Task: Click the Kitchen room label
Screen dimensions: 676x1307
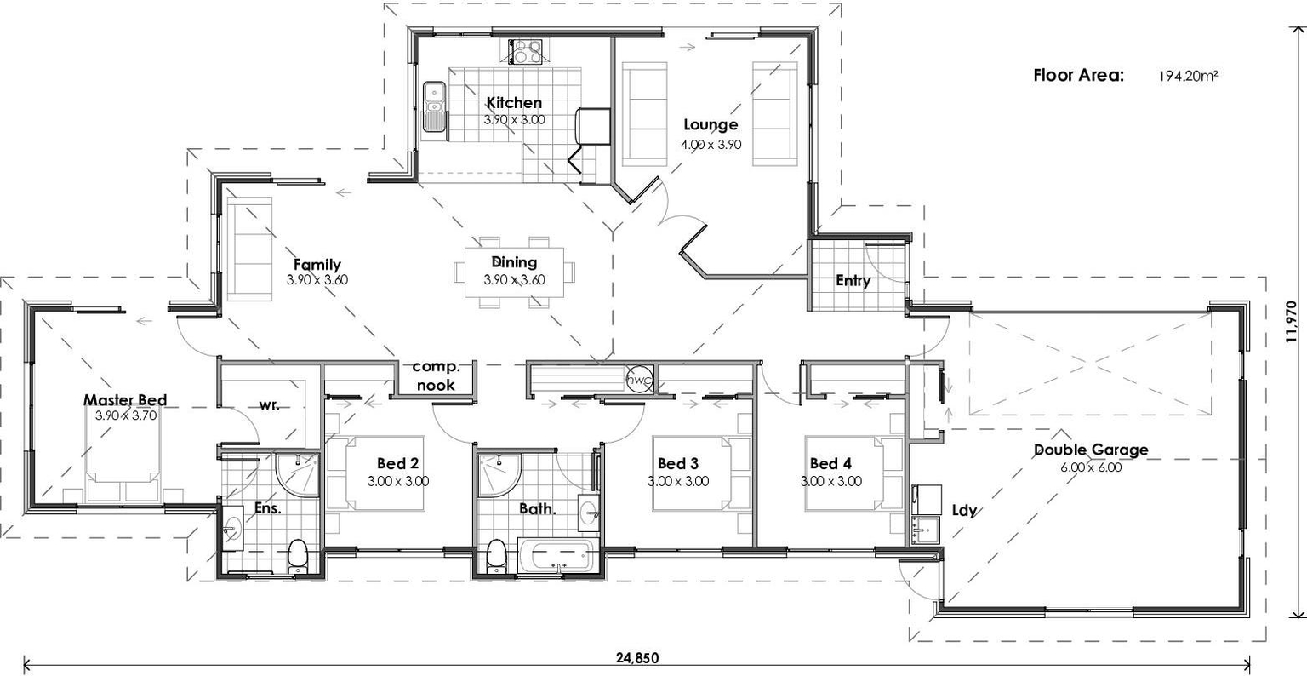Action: coord(513,103)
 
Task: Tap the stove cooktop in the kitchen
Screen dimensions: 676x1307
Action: coord(527,53)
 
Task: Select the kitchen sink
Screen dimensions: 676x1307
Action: coord(434,107)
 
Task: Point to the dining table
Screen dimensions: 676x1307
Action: coord(513,272)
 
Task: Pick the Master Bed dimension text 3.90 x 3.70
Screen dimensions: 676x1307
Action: coord(125,415)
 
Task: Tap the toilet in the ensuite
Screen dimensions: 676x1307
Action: coord(298,558)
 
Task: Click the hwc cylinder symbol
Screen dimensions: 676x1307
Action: coord(638,381)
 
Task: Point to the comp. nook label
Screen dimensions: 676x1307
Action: coord(435,375)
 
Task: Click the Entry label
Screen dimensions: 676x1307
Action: coord(853,280)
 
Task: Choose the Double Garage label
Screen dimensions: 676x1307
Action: coord(1090,450)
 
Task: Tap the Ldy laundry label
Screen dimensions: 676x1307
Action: coord(964,511)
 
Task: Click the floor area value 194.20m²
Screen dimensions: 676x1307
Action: coord(1188,76)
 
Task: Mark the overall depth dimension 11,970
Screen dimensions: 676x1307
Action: coord(1291,321)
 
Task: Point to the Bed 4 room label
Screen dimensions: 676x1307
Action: coord(830,463)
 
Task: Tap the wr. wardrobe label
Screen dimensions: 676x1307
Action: coord(270,405)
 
